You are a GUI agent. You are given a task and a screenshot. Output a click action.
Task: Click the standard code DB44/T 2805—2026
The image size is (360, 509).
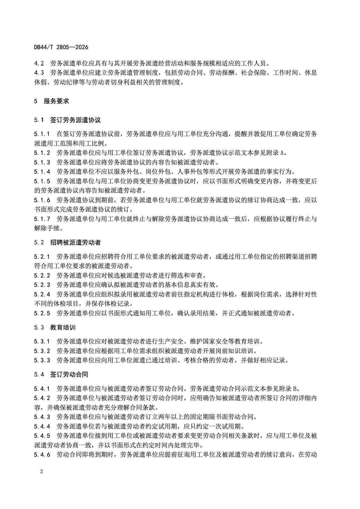[61, 47]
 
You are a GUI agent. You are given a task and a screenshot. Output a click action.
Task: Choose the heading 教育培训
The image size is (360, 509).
[63, 327]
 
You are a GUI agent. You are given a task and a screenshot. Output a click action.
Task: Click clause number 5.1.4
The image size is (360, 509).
[42, 172]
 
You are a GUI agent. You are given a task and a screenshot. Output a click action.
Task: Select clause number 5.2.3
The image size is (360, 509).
[42, 285]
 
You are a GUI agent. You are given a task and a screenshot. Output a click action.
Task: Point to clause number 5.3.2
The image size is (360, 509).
[42, 351]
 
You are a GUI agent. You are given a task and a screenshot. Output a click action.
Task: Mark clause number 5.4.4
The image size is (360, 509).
[42, 426]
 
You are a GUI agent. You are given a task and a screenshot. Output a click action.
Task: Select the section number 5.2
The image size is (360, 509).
[39, 242]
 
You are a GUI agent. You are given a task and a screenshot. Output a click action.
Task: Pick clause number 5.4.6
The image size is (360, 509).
[42, 455]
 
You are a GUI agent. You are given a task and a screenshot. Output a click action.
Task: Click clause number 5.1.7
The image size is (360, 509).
[42, 219]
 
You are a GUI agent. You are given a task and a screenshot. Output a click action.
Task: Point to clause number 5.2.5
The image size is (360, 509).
[42, 313]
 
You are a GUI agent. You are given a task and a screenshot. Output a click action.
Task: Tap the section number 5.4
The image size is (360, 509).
[39, 374]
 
